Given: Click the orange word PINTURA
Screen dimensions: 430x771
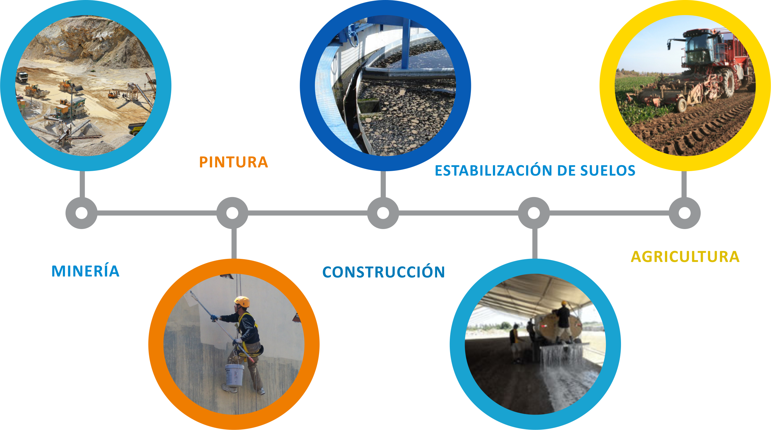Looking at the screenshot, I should click(x=233, y=162).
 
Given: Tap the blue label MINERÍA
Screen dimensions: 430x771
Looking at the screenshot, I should click(x=85, y=271).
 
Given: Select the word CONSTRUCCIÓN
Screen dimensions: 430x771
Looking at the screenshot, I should click(x=383, y=272).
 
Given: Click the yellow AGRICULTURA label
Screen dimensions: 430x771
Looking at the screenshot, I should click(x=685, y=257).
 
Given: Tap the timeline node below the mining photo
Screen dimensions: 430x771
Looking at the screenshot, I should click(x=82, y=213).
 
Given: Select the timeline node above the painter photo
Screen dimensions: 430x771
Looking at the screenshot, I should click(x=232, y=213).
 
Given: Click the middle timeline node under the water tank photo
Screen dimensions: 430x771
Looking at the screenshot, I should click(x=383, y=213).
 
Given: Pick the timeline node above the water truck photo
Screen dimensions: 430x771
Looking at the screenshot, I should click(x=534, y=213).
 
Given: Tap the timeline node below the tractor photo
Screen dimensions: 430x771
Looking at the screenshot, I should click(x=684, y=213).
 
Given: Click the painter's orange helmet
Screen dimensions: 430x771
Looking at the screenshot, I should click(x=242, y=301).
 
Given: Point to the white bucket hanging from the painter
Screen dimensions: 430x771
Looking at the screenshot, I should click(x=234, y=375).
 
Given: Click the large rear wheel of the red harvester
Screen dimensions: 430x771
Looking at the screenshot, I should click(x=728, y=83).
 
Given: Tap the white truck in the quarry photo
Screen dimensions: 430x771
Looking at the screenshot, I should click(x=22, y=77).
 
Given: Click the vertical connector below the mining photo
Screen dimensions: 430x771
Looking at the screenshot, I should click(x=82, y=184).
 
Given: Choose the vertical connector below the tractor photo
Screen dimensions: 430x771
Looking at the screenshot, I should click(x=684, y=184).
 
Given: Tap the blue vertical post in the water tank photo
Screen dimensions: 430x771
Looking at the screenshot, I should click(x=406, y=45).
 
